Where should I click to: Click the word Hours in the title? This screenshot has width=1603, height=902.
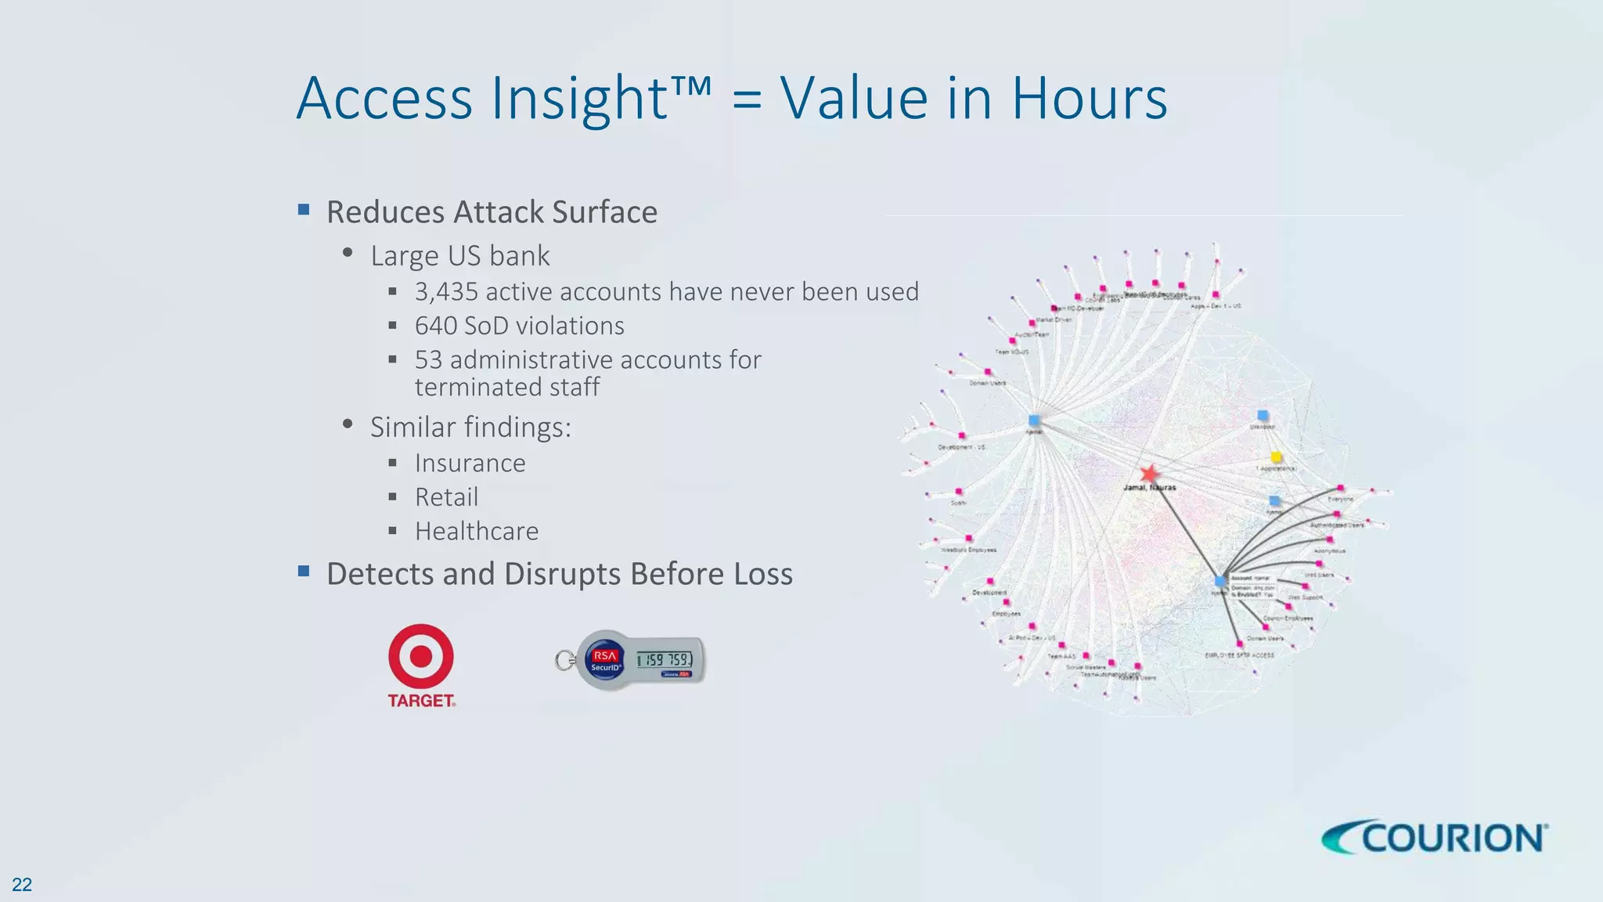[x=1089, y=99]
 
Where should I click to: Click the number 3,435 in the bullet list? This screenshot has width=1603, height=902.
[x=446, y=292]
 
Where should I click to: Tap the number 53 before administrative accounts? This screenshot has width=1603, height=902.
[x=428, y=360]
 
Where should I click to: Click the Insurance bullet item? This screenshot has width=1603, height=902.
[x=470, y=464]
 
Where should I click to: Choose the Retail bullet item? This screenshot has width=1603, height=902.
[x=446, y=497]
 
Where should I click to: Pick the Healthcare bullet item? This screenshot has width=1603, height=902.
[x=476, y=532]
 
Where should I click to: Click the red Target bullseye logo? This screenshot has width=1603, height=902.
[x=421, y=656]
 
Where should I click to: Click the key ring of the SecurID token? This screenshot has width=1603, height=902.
[x=563, y=661]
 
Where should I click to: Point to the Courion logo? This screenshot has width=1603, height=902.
[x=1435, y=838]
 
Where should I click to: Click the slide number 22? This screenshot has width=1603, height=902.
[x=22, y=885]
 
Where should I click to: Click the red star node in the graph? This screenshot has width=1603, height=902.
[x=1149, y=473]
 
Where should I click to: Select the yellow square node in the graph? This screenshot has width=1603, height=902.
[x=1276, y=456]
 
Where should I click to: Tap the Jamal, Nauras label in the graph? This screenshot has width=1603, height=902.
[x=1149, y=488]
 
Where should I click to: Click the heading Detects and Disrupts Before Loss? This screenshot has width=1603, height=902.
[x=559, y=574]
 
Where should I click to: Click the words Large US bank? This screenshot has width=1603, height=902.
[x=459, y=256]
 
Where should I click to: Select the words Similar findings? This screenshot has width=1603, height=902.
[x=470, y=428]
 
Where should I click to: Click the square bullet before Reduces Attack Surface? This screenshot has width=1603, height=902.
[x=304, y=210]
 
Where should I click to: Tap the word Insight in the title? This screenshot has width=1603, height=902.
[x=579, y=99]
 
